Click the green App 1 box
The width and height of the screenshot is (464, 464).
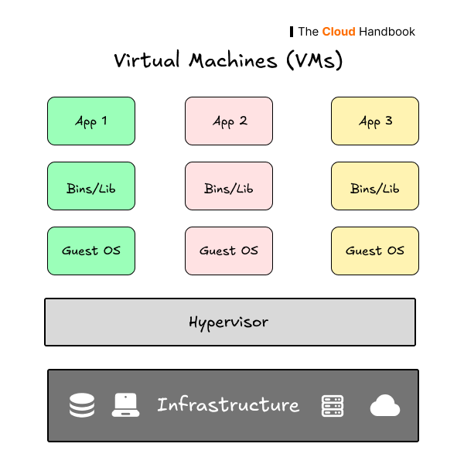[x=91, y=121]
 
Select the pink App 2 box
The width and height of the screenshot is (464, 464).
[x=229, y=121]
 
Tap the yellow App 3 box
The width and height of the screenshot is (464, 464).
[x=375, y=121]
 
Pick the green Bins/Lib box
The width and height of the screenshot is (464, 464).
[x=91, y=186]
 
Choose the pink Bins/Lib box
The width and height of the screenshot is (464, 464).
[x=229, y=186]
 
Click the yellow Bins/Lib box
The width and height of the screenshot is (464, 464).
[x=375, y=186]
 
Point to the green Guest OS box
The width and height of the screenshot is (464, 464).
[x=91, y=251]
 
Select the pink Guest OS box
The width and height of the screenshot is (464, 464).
[x=229, y=251]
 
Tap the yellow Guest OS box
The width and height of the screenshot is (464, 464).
[x=375, y=251]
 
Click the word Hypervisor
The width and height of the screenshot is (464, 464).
[x=229, y=322]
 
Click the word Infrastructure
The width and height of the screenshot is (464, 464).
[x=228, y=404]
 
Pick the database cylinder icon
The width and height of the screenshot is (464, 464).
[x=82, y=405]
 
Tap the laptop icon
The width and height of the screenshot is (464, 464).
[x=125, y=405]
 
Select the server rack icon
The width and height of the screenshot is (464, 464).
[x=333, y=405]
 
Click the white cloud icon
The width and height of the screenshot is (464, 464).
[x=384, y=405]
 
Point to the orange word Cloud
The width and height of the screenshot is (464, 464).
[x=339, y=32]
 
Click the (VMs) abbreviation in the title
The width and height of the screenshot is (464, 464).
[x=314, y=60]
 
